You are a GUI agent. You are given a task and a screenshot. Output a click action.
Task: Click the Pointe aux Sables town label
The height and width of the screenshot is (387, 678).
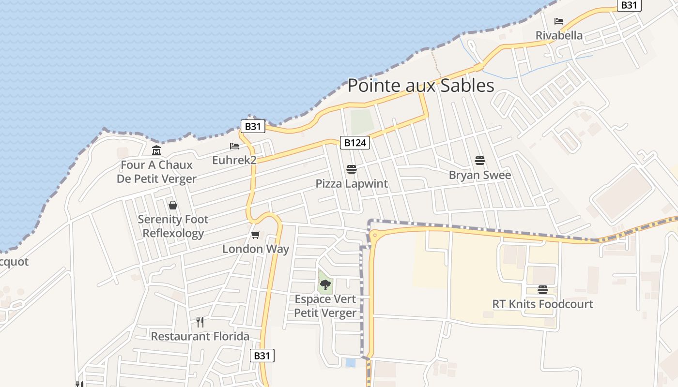(x=421, y=86)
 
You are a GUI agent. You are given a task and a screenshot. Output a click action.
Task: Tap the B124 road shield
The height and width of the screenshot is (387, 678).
(x=355, y=143)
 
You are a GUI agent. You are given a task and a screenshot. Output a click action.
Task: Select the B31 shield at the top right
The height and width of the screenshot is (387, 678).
(x=629, y=5)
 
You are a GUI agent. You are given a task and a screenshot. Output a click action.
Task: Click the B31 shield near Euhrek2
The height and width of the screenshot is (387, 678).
(x=253, y=127)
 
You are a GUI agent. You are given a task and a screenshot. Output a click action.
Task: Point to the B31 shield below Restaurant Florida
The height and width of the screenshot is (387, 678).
(x=262, y=356)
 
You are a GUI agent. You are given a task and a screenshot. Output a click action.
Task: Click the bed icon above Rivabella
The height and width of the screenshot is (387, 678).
(x=559, y=21)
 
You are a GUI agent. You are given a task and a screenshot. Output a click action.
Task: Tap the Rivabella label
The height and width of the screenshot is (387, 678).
(x=559, y=35)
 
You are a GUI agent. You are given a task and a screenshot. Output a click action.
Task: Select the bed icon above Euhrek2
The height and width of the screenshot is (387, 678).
(x=234, y=146)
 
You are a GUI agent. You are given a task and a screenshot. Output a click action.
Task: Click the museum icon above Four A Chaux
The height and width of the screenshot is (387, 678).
(x=156, y=150)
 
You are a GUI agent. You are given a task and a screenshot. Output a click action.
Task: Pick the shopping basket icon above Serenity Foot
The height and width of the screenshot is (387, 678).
(x=173, y=205)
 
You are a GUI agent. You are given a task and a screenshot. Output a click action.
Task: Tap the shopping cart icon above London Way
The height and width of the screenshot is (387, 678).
(x=256, y=235)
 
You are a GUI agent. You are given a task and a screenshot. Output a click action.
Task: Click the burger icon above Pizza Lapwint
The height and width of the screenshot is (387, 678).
(x=352, y=169)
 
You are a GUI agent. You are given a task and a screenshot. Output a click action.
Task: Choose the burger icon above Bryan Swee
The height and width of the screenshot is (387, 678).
(x=480, y=161)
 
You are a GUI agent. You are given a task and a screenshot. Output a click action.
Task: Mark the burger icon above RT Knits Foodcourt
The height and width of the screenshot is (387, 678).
(x=542, y=290)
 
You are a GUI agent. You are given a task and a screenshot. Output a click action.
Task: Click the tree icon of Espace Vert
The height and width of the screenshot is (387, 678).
(x=325, y=284)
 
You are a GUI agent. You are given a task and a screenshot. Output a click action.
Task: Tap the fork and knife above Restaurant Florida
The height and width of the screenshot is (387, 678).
(x=200, y=322)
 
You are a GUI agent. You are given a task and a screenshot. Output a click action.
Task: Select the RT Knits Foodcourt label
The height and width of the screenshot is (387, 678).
(x=542, y=304)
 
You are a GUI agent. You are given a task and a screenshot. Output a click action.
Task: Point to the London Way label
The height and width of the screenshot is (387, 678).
(x=256, y=249)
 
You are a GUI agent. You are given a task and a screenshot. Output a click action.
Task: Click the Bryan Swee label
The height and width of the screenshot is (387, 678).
(x=480, y=175)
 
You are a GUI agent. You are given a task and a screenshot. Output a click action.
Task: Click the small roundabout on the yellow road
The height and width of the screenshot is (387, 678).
(x=374, y=236)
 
